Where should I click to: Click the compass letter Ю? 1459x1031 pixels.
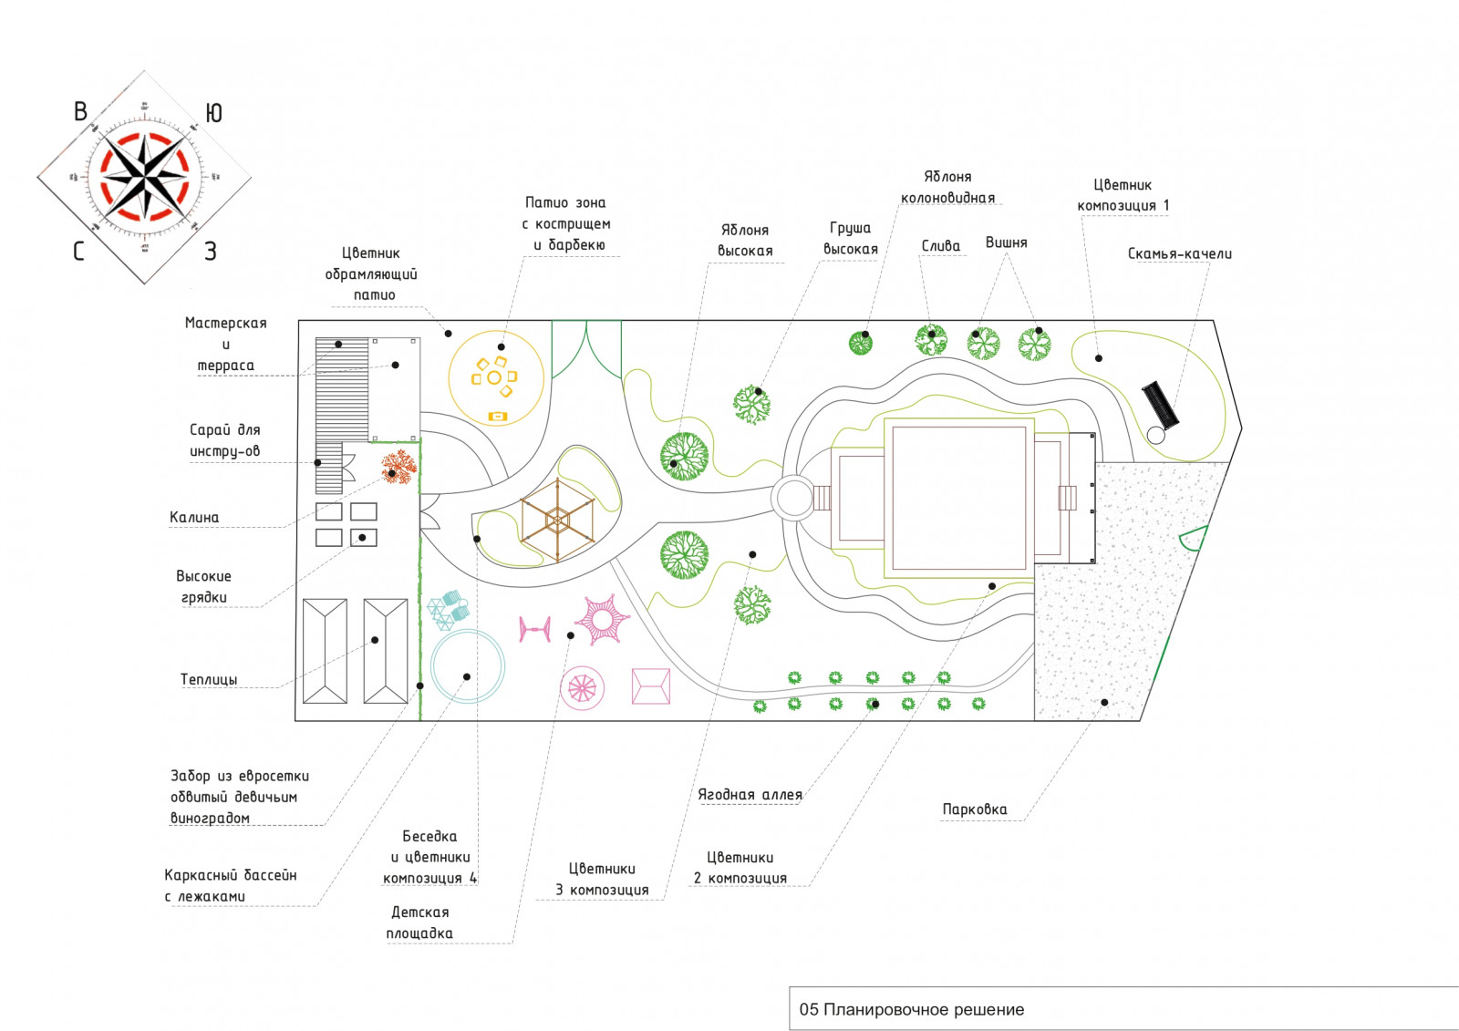click(213, 113)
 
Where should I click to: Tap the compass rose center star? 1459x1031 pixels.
click(145, 177)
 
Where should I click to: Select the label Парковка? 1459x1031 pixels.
click(975, 809)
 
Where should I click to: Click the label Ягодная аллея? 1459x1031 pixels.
click(750, 795)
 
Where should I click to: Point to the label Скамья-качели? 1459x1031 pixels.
click(1179, 254)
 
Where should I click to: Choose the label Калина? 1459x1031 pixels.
click(194, 518)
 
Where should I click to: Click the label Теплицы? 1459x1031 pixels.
click(209, 680)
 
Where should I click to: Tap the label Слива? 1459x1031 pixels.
click(941, 246)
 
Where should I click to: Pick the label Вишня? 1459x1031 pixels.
click(1006, 242)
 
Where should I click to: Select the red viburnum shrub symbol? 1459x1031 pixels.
click(398, 466)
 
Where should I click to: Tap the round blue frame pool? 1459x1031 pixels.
click(468, 666)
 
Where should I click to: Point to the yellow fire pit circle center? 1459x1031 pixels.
click(494, 376)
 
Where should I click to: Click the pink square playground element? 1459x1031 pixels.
click(650, 686)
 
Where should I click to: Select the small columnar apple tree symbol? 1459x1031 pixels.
click(861, 343)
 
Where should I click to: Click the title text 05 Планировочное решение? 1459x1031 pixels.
click(911, 1010)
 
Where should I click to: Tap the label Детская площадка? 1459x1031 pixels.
click(419, 923)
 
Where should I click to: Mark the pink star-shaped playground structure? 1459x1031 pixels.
click(602, 620)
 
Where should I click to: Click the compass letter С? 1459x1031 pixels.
click(79, 251)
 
